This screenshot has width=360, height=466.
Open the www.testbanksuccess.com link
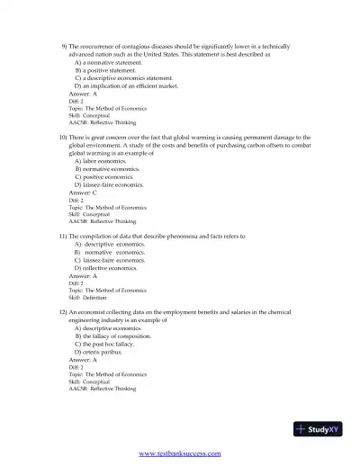(x=179, y=453)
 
